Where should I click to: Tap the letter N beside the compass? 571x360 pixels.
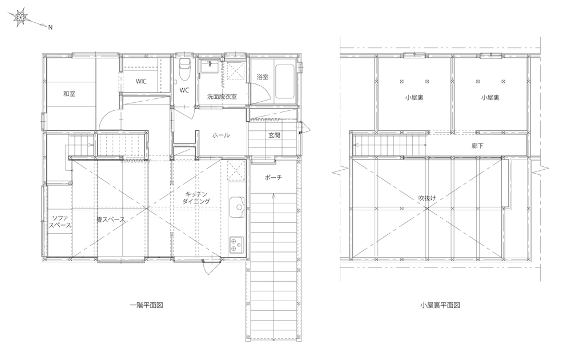click(x=51, y=27)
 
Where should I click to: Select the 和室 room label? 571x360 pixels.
click(x=69, y=94)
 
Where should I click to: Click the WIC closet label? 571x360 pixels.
click(x=141, y=81)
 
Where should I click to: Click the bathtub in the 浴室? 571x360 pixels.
click(x=284, y=81)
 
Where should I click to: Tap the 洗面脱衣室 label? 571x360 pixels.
click(x=222, y=97)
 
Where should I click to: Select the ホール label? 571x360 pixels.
click(x=221, y=135)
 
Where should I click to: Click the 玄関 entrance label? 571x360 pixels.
click(x=274, y=135)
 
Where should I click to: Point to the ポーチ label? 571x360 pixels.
click(x=273, y=178)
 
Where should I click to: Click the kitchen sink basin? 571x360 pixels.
click(x=238, y=207)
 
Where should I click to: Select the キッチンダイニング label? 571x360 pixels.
click(x=196, y=198)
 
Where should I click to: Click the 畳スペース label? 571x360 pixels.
click(x=111, y=220)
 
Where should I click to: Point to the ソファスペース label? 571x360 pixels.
click(x=60, y=222)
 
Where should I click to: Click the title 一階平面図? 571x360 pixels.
click(x=146, y=305)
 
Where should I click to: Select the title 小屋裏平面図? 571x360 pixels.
click(x=440, y=305)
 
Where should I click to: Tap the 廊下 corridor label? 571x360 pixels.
click(x=477, y=146)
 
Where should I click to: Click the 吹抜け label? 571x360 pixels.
click(x=427, y=198)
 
